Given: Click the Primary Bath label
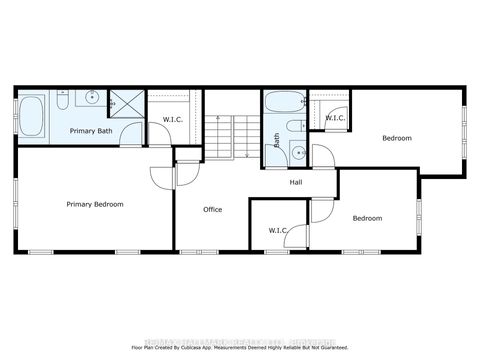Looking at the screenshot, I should pyautogui.click(x=89, y=131).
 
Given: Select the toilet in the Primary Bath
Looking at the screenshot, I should pyautogui.click(x=61, y=101).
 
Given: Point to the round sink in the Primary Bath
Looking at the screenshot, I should pyautogui.click(x=93, y=98).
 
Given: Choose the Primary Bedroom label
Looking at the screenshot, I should pyautogui.click(x=95, y=204).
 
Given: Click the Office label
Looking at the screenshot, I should pyautogui.click(x=212, y=209).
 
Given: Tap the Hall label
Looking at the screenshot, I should pyautogui.click(x=296, y=182).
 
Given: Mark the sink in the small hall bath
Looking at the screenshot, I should pyautogui.click(x=297, y=152).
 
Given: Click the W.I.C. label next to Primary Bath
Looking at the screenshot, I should pyautogui.click(x=172, y=120).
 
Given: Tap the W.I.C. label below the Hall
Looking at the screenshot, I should pyautogui.click(x=278, y=231).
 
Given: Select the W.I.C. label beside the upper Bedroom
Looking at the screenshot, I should pyautogui.click(x=335, y=119).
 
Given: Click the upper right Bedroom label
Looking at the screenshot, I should pyautogui.click(x=397, y=138).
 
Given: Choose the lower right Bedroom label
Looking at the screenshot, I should pyautogui.click(x=367, y=217).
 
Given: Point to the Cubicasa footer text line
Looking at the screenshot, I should pyautogui.click(x=240, y=347).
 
